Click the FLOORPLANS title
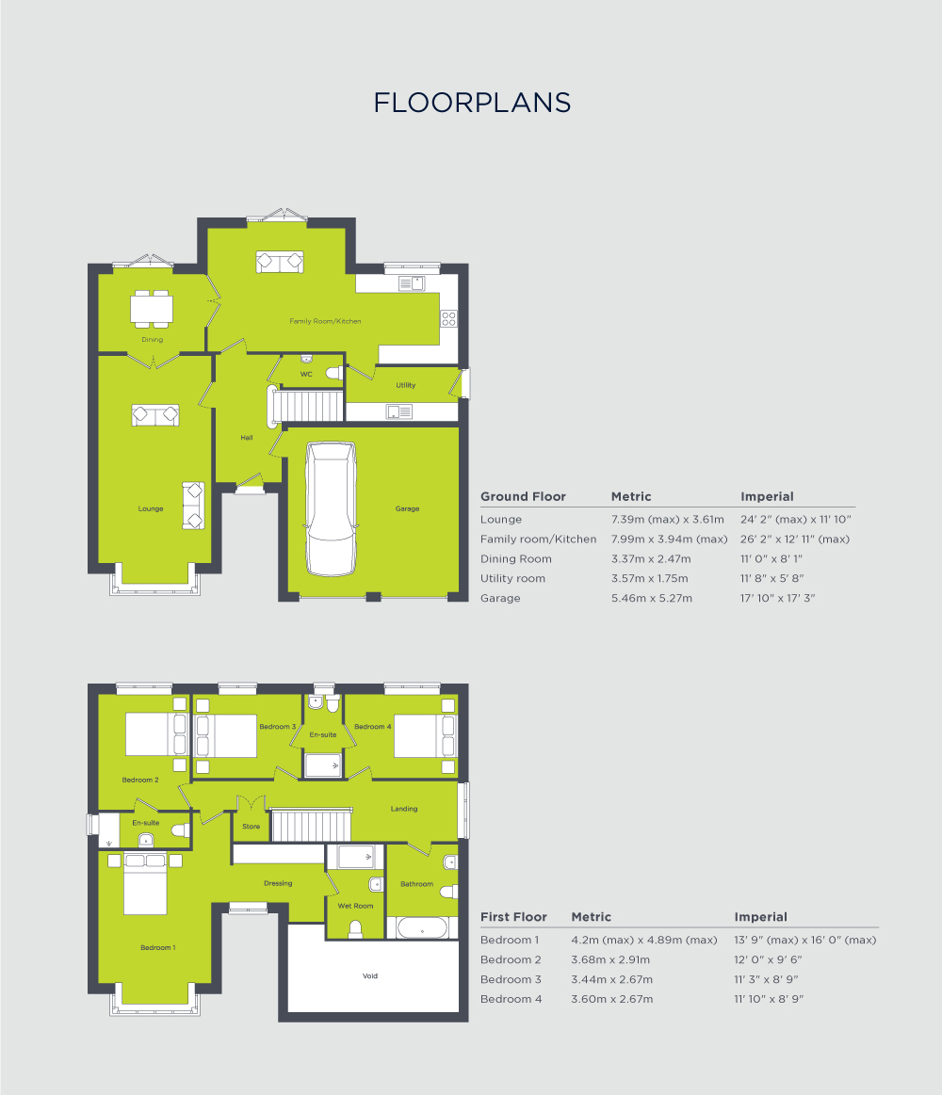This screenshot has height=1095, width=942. pos(472,103)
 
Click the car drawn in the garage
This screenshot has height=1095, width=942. pos(331,508)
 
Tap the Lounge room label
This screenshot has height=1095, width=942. pos(151,508)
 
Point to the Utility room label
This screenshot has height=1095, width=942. pos(405,385)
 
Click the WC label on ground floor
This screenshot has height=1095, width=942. pos(306,375)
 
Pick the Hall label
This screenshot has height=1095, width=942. pos(247,438)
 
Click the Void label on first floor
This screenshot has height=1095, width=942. pos(370,976)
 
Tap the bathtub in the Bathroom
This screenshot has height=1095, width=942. pos(422,928)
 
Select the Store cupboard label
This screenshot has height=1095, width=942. pos(251,827)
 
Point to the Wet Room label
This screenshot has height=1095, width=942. pos(355,906)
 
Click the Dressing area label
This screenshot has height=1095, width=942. pos(278,883)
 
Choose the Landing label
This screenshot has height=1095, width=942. pos(404,809)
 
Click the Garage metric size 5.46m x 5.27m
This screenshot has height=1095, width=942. pos(652,598)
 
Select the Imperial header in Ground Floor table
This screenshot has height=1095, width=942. pos(767,496)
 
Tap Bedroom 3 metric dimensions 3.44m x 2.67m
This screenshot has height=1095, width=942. pos(610,979)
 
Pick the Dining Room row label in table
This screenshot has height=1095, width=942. pos(516,558)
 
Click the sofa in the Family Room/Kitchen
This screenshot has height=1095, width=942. pos(280,262)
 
